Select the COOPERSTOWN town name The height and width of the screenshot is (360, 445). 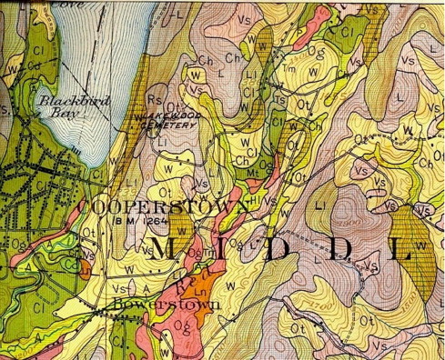point(164,207)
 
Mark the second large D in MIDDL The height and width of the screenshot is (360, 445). point(336,251)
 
